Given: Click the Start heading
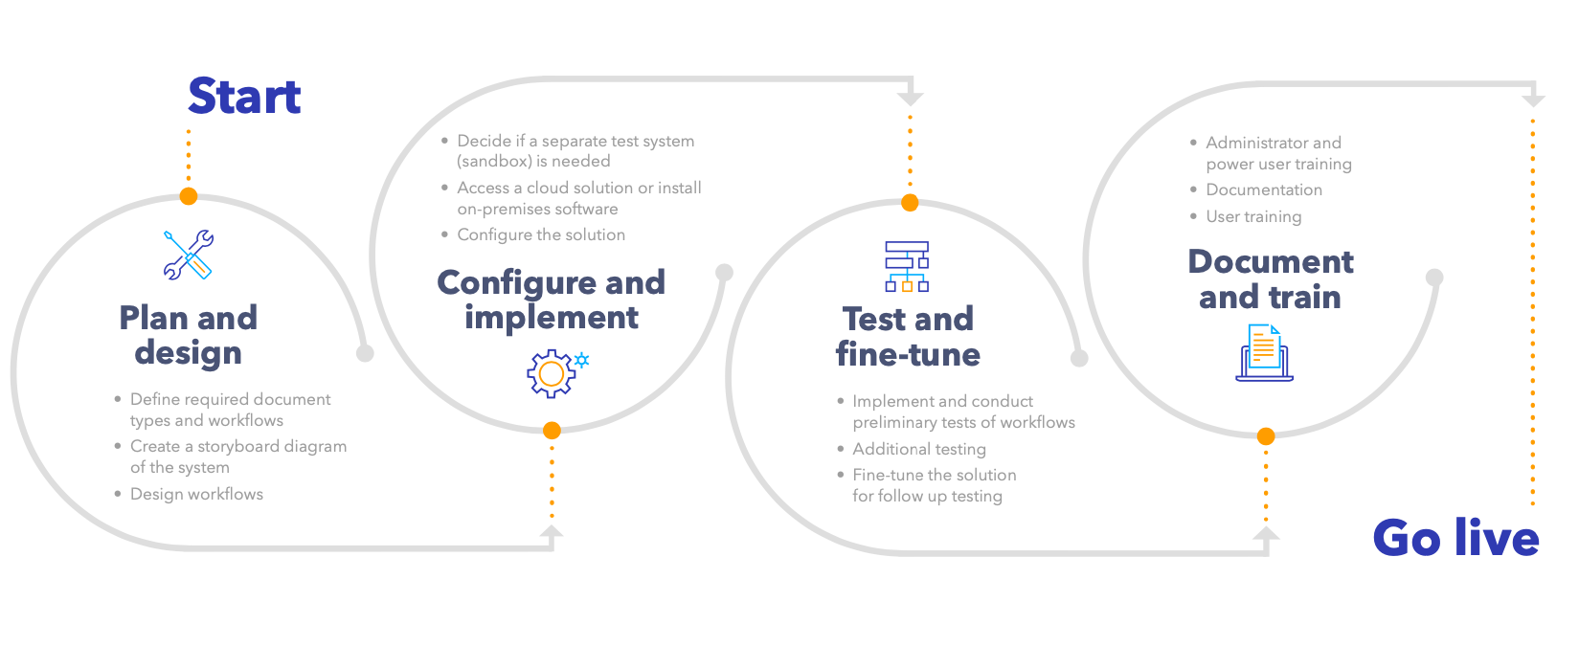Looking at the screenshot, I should (x=244, y=97).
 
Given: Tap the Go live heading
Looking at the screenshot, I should (x=1455, y=538).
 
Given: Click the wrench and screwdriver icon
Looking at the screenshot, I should (x=189, y=255).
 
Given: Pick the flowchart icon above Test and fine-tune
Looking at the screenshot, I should (x=907, y=266).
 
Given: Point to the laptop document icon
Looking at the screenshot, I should (x=1264, y=353).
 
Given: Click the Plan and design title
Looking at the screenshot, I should (x=189, y=335).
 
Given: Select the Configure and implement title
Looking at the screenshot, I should (x=551, y=300).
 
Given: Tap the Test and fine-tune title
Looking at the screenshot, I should (x=908, y=336).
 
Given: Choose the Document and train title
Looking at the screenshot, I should (x=1271, y=278).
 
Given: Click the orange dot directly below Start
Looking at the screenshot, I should (x=189, y=196).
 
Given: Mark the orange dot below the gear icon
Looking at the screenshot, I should (x=552, y=431).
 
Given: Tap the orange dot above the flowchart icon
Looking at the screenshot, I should (x=910, y=203).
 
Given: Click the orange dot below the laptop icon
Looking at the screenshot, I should (x=1266, y=436).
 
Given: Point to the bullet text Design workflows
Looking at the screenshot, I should (x=196, y=494).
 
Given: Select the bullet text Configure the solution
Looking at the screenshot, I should (x=541, y=234).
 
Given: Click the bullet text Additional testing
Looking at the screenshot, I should (x=919, y=449).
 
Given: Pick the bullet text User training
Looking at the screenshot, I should (x=1253, y=216).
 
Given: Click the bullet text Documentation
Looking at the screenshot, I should (x=1264, y=189).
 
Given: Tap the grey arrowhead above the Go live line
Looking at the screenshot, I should (x=1533, y=100).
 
